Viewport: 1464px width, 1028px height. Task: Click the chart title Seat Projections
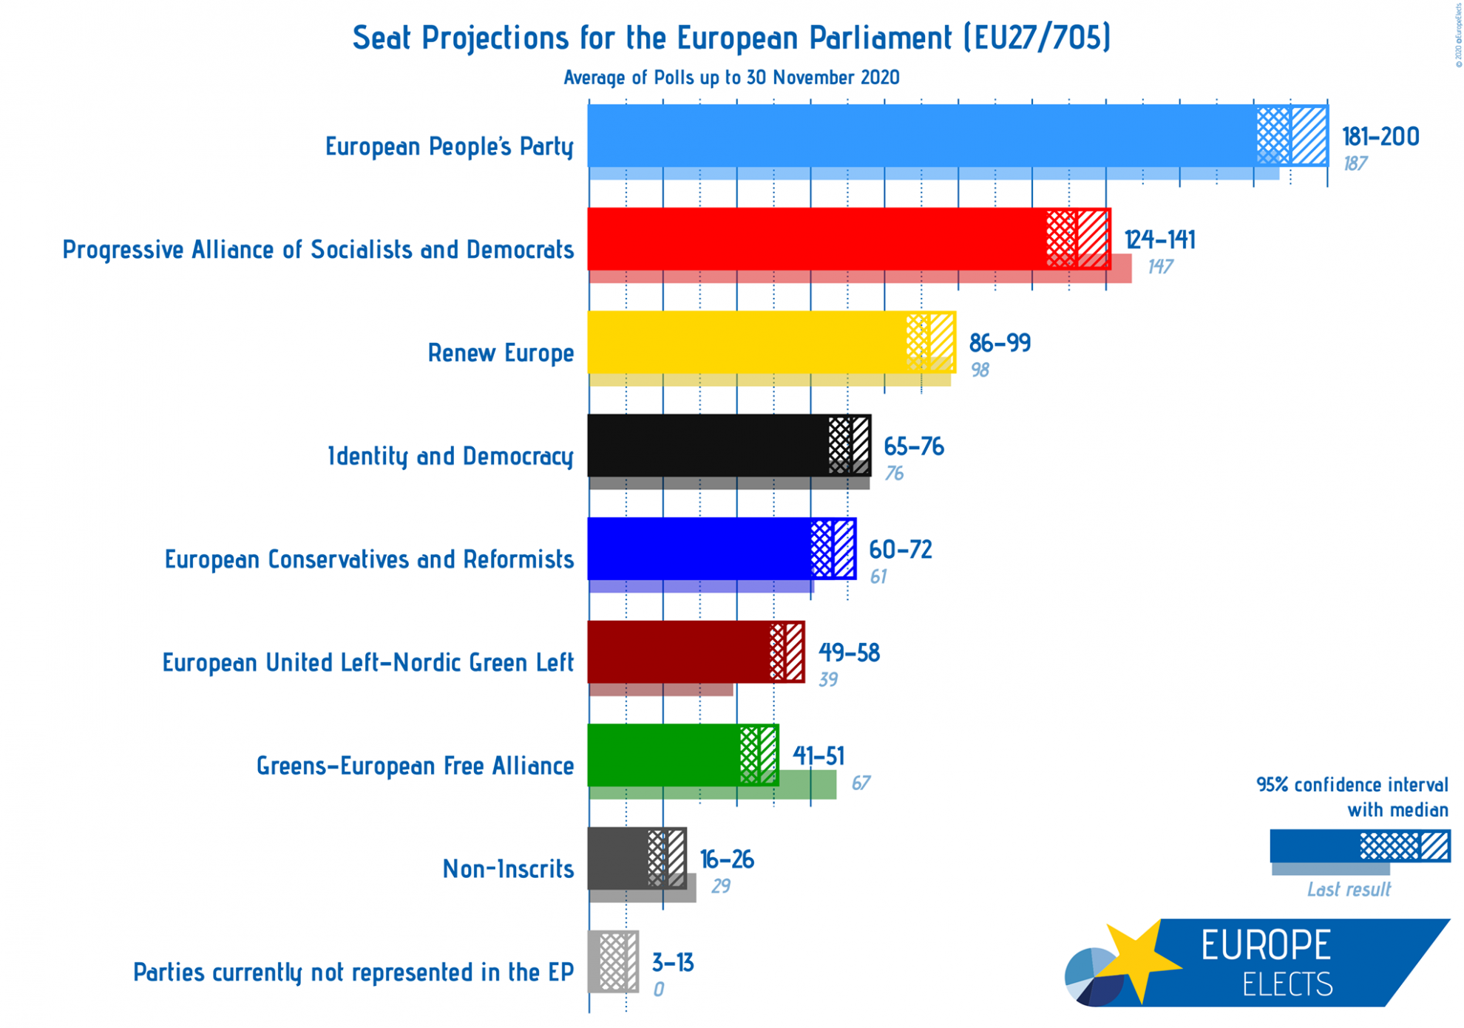pos(731,38)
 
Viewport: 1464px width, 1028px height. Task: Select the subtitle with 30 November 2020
pos(731,78)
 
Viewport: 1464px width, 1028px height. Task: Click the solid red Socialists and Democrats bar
pos(813,239)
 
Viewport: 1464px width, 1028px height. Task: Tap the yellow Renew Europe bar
pos(747,342)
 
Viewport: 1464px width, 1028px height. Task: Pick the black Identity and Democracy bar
pos(706,445)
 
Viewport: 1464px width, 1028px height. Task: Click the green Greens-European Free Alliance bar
pos(662,755)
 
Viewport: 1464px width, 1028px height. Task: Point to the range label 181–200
pos(1380,137)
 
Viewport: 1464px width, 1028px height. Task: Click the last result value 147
pos(1159,267)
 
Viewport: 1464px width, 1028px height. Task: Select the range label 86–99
pos(999,343)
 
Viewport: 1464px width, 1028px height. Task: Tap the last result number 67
pos(860,783)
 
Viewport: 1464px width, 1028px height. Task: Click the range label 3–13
pos(672,962)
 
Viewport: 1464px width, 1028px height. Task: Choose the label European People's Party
pos(449,146)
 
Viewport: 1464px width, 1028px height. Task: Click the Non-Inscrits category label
pos(508,868)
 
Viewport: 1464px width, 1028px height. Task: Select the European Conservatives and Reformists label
pos(369,559)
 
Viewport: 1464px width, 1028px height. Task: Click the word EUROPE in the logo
pos(1265,945)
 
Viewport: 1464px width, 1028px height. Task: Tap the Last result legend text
pos(1348,889)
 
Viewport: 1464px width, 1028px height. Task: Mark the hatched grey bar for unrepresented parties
pos(613,961)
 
